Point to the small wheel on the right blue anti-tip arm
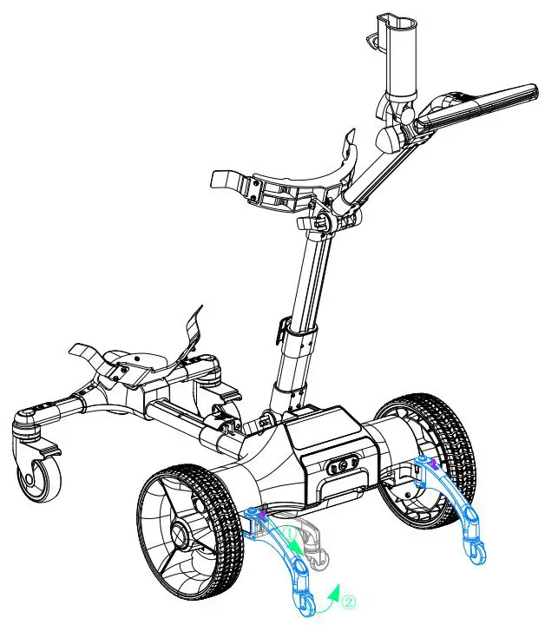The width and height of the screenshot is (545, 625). [476, 549]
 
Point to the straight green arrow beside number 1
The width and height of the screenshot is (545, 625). [295, 545]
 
